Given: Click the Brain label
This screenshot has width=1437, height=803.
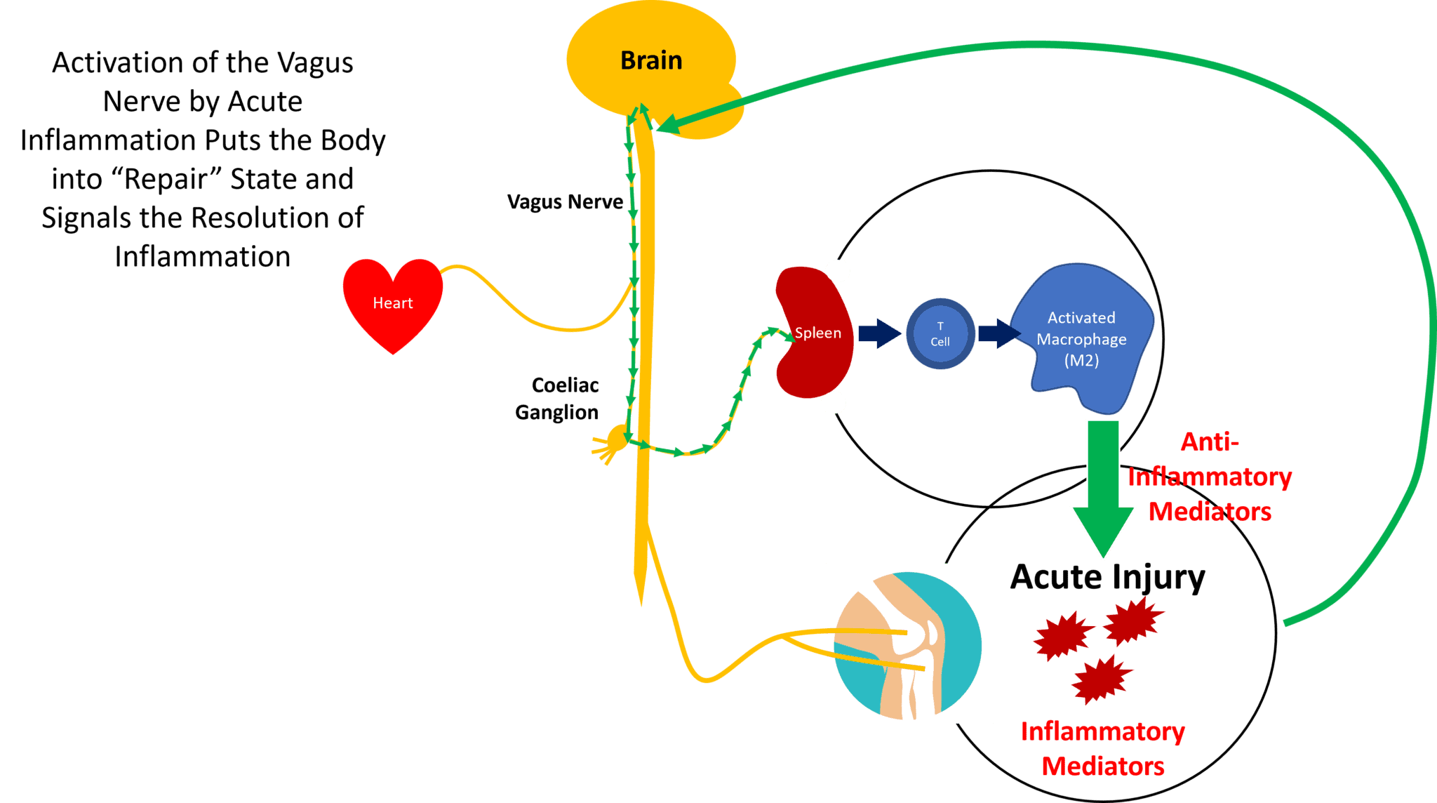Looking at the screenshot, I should (x=651, y=61).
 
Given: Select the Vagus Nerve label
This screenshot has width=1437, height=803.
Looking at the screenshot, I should (x=565, y=202).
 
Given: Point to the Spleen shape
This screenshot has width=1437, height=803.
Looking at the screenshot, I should (x=814, y=333).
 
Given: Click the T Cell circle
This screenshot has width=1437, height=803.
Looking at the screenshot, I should (x=940, y=334).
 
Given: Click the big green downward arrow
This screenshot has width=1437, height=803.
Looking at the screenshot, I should (x=1103, y=491).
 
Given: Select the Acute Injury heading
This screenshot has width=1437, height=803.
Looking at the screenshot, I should (x=1107, y=578).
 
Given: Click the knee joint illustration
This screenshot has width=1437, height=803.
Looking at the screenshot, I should (x=909, y=644).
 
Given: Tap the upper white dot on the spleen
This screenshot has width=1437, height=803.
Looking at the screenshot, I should (x=838, y=271).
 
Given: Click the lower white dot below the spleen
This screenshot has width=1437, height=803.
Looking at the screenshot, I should (x=834, y=403).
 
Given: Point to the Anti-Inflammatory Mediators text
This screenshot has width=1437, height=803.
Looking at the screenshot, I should (x=1210, y=477).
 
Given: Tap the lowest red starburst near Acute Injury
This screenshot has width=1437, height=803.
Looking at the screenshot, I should (x=1101, y=679).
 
